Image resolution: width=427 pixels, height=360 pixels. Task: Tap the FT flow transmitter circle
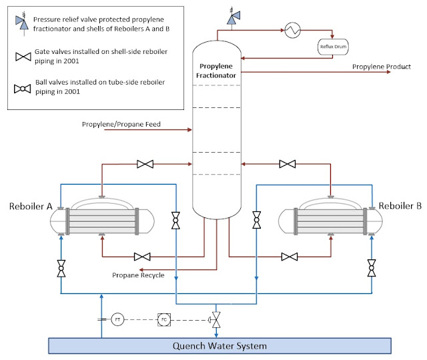[x=117, y=319]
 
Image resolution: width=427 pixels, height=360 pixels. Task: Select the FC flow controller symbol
[x=164, y=319]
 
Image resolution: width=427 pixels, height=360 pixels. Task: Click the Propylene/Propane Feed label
[x=121, y=124]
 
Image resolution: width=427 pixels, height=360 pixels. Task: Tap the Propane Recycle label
[x=138, y=275]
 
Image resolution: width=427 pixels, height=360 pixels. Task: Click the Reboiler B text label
[x=400, y=207]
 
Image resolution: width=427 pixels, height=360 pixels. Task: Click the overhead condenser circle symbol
[x=292, y=29]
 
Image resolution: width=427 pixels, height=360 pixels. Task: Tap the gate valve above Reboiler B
[x=288, y=164]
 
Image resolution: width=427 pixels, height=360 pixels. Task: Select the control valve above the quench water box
[x=216, y=318]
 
